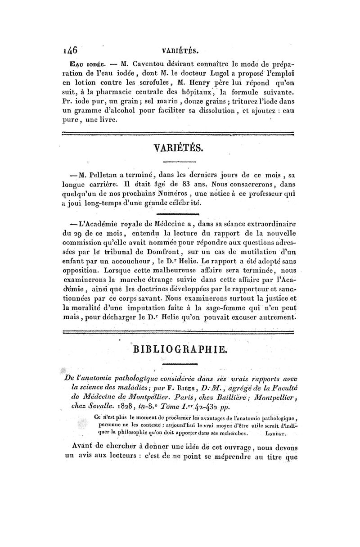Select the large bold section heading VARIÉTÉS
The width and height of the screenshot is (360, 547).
tap(180, 148)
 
